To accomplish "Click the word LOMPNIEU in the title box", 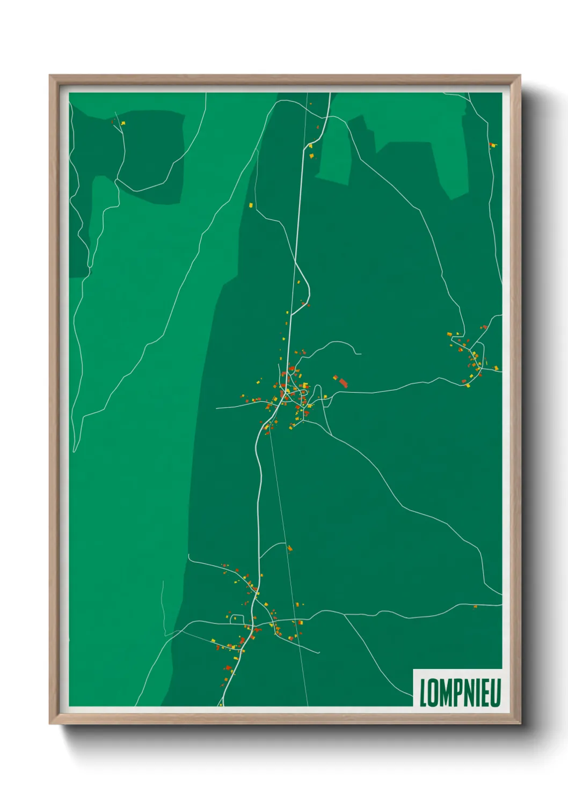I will tap(460, 692).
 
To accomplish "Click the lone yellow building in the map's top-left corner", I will tap(123, 123).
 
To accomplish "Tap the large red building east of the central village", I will tap(343, 382).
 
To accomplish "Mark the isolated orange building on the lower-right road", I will tap(475, 607).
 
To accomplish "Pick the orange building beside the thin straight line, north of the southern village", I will tap(289, 548).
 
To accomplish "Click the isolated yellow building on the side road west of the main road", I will tap(251, 204).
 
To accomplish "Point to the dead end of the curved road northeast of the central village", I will tap(361, 354).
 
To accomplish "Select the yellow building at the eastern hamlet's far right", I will tap(496, 368).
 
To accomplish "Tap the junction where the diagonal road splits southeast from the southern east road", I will tap(344, 615).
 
